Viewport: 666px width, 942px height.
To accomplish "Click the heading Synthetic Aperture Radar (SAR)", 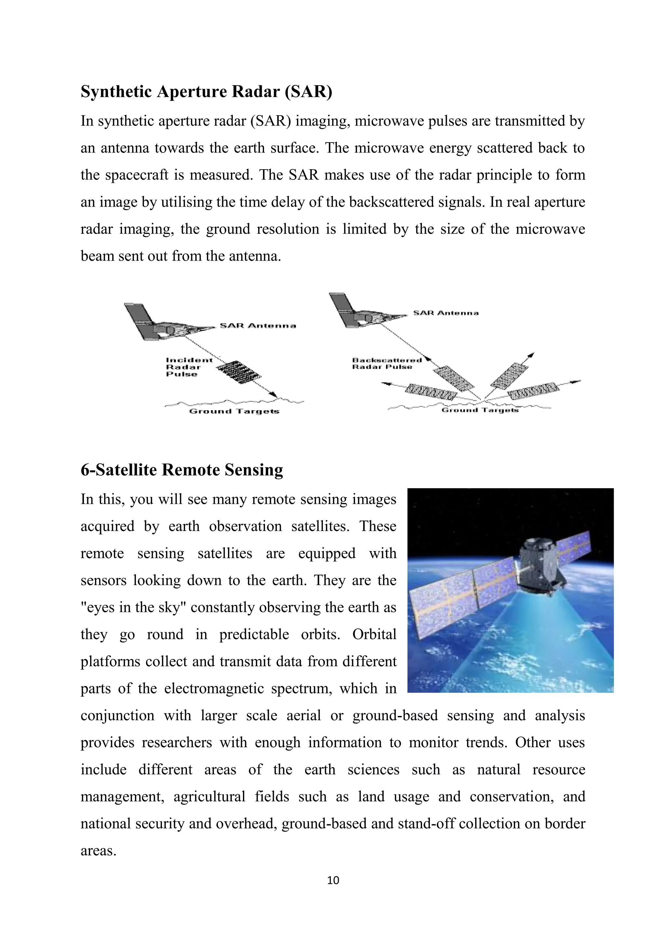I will click(x=206, y=91).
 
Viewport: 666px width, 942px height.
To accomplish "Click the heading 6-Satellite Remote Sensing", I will click(x=182, y=470).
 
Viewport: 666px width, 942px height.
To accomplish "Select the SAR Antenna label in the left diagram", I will click(x=258, y=326).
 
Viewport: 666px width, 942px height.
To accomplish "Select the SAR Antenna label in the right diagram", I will click(x=446, y=313).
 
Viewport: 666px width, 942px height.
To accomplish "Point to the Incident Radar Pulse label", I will click(x=189, y=367).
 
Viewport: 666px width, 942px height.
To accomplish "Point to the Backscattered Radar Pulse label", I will click(x=386, y=364).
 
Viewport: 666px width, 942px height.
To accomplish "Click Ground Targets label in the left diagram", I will click(x=234, y=411).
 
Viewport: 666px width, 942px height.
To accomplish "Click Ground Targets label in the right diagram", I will click(x=480, y=410).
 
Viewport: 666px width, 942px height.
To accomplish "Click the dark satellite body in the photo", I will click(x=541, y=566).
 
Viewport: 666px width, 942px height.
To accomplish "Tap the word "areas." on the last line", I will click(x=99, y=851).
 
